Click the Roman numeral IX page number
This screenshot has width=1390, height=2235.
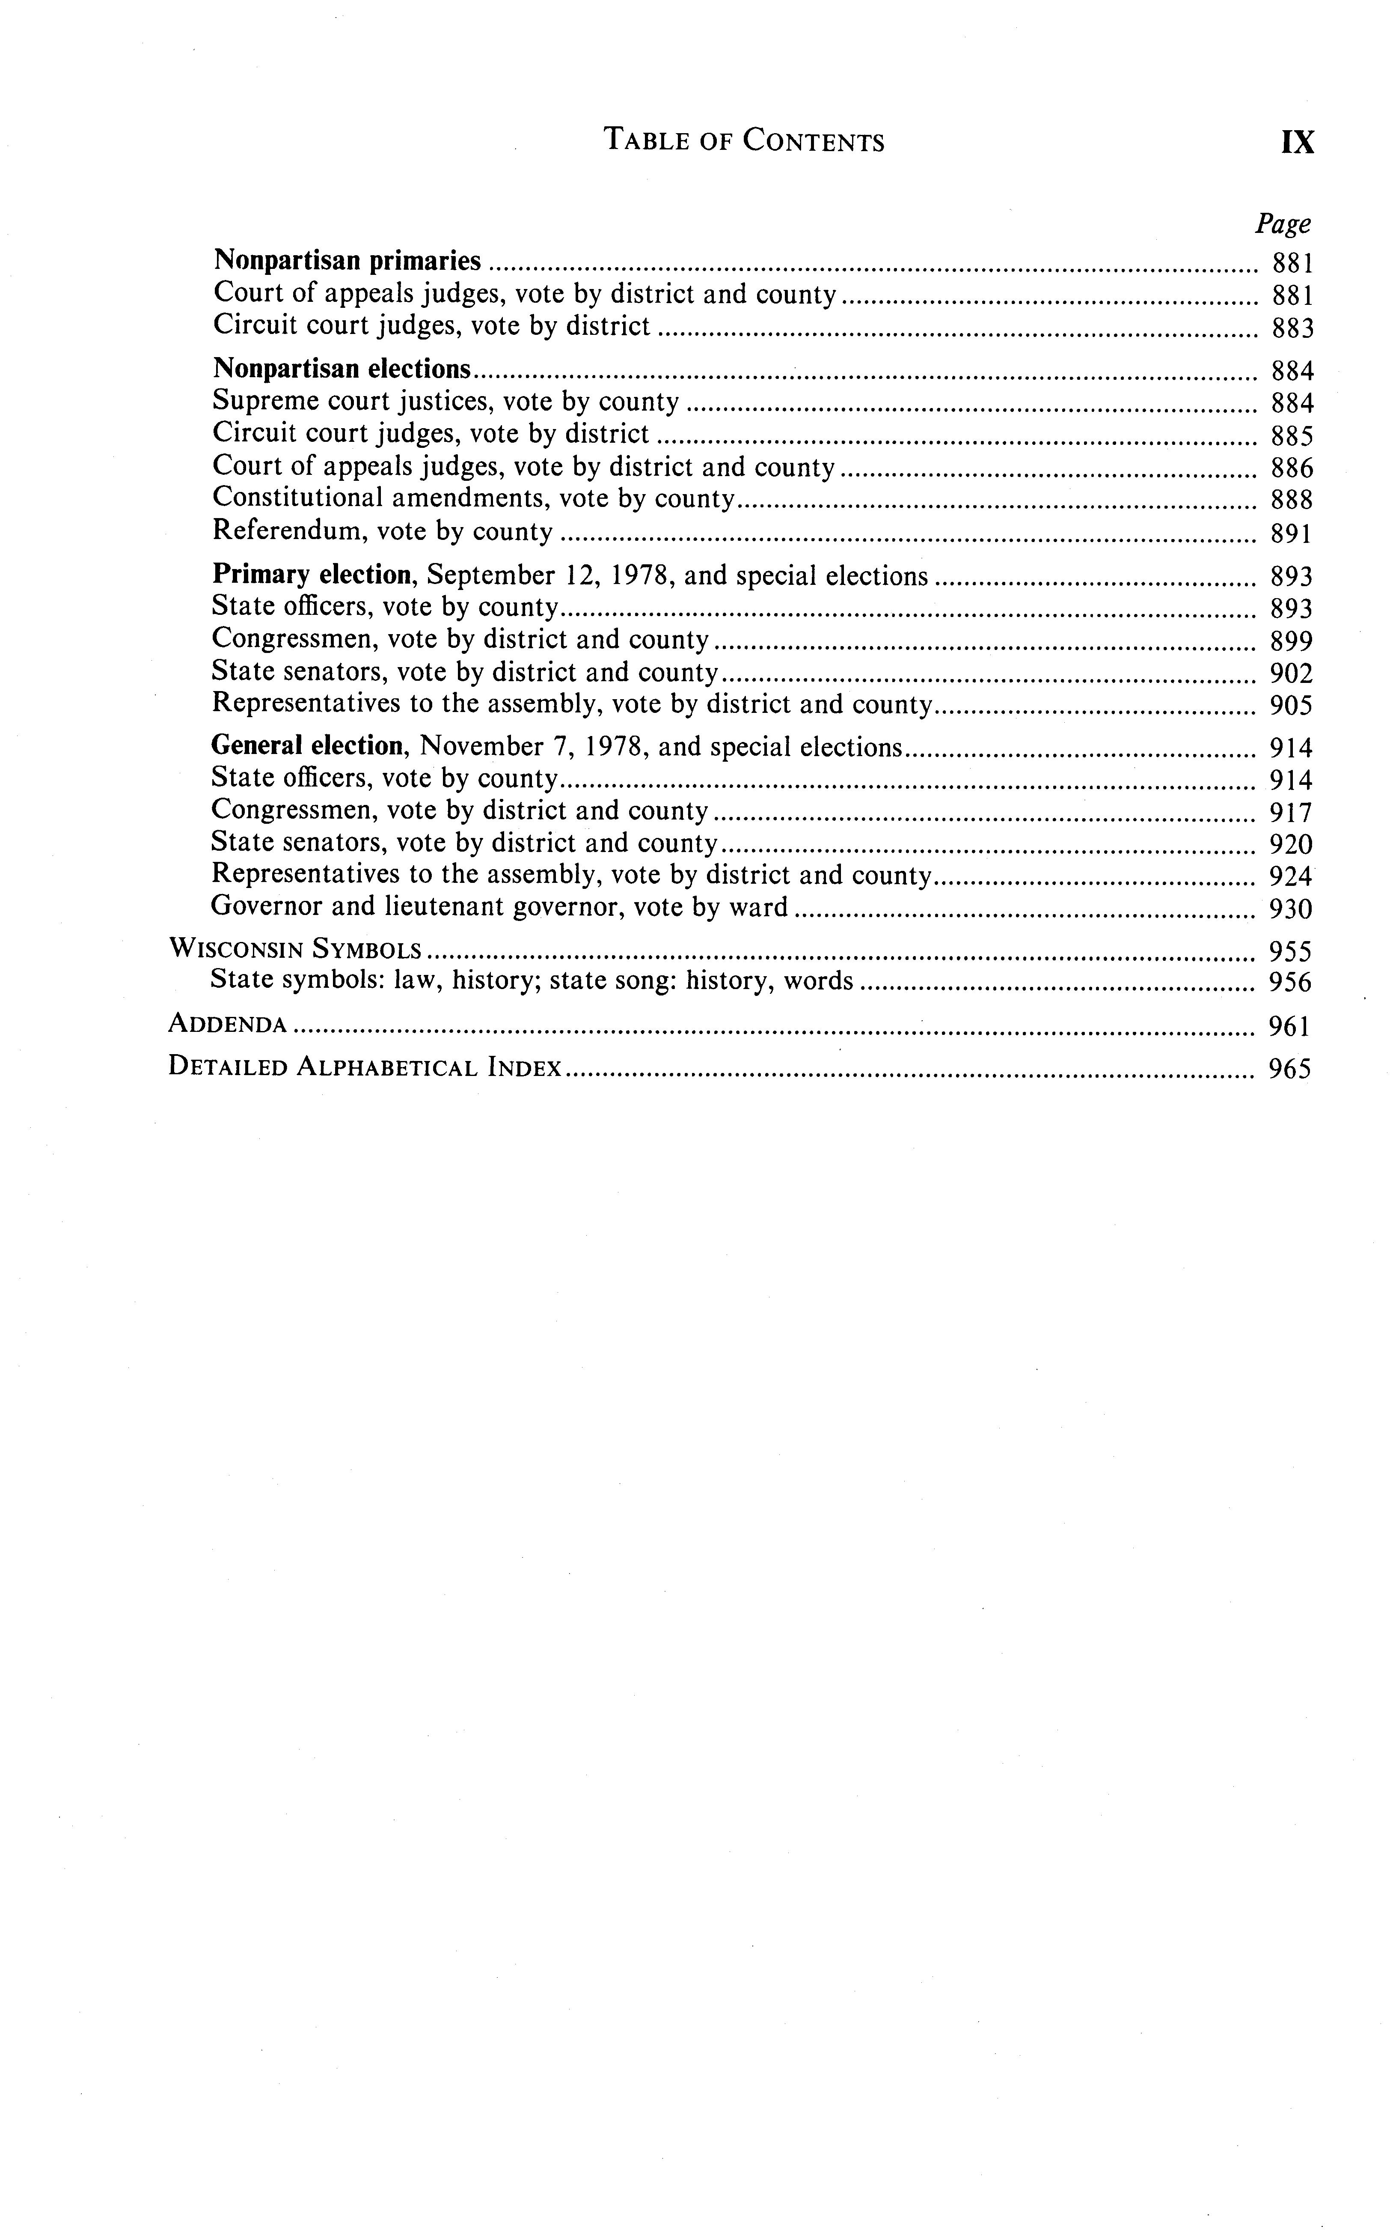(x=1297, y=143)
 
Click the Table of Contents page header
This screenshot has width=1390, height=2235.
(x=744, y=141)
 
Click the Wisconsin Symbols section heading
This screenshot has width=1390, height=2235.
(x=295, y=949)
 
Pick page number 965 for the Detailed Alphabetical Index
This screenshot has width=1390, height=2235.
(x=1290, y=1069)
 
